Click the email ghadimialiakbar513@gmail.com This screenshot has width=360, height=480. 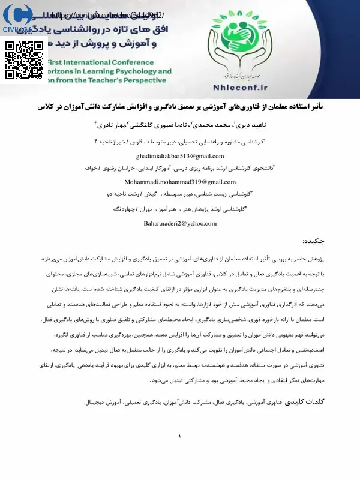179,155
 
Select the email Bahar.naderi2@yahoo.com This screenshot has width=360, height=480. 179,223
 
